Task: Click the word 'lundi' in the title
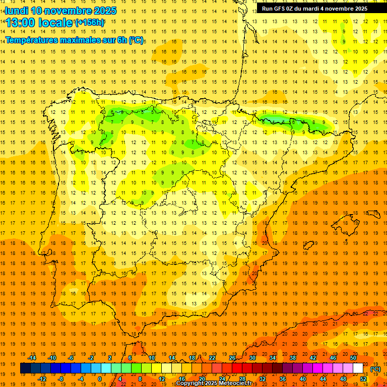pyautogui.click(x=16, y=11)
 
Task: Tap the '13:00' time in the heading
pyautogui.click(x=21, y=23)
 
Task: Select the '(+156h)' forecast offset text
pyautogui.click(x=89, y=23)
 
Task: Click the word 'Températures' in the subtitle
pyautogui.click(x=31, y=40)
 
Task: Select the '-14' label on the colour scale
pyautogui.click(x=32, y=358)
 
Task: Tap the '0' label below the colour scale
pyautogui.click(x=99, y=379)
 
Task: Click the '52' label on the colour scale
pyautogui.click(x=363, y=379)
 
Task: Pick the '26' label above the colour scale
pyautogui.click(x=232, y=358)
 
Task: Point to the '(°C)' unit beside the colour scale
pyautogui.click(x=375, y=369)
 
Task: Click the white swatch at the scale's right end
pyautogui.click(x=358, y=368)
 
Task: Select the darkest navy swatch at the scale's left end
pyautogui.click(x=25, y=368)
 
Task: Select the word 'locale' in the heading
pyautogui.click(x=55, y=23)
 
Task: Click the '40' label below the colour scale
pyautogui.click(x=303, y=379)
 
